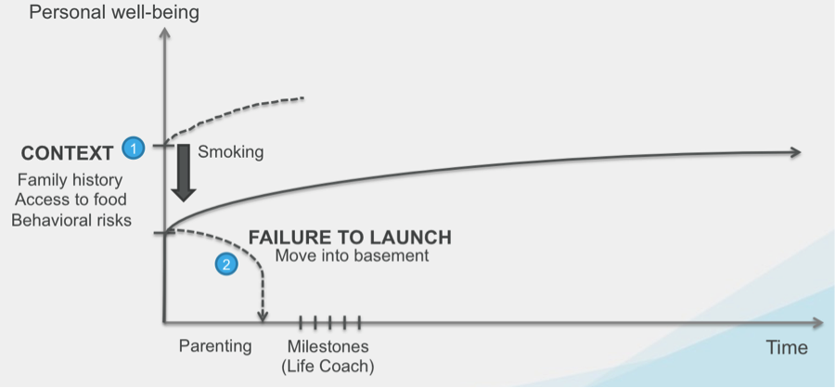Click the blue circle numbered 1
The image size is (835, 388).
tap(134, 147)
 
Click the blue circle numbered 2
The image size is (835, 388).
tap(225, 265)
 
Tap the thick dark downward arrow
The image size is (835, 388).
tap(184, 173)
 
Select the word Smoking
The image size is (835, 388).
tap(231, 151)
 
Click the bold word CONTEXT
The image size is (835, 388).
tap(67, 151)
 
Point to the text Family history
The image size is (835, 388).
tap(71, 179)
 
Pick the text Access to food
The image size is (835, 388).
tap(72, 199)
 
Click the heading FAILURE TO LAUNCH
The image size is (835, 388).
tap(351, 237)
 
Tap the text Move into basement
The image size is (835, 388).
tap(352, 255)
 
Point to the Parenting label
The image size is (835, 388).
tap(215, 346)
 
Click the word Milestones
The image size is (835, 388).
tap(328, 346)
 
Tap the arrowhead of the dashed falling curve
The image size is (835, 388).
tap(263, 317)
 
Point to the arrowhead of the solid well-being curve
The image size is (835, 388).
tap(794, 152)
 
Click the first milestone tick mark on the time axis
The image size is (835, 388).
tap(301, 322)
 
